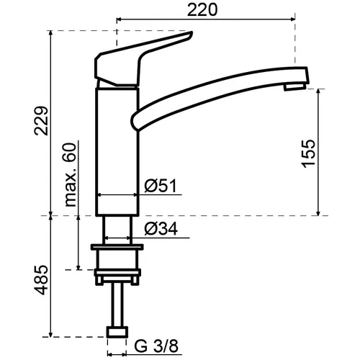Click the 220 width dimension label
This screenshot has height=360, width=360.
click(x=202, y=10)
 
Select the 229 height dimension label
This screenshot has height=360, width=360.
click(x=41, y=121)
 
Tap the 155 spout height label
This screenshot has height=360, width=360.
click(x=308, y=153)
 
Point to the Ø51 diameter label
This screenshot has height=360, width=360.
click(x=161, y=186)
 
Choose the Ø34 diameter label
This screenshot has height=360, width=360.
click(x=161, y=228)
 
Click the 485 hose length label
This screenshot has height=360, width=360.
click(x=41, y=280)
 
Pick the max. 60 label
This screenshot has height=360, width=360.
click(x=70, y=174)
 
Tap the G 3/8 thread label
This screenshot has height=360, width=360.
click(x=156, y=346)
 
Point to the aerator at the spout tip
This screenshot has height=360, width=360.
click(x=294, y=86)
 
